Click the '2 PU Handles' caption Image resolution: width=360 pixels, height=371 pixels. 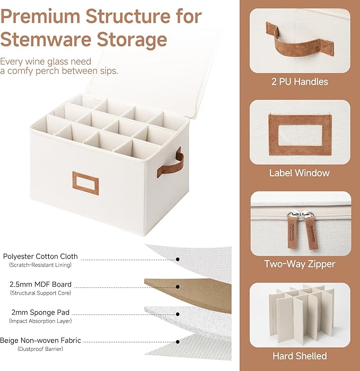click(299, 82)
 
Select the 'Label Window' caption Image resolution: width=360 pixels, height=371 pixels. click(299, 173)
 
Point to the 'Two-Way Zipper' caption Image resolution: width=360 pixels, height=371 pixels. click(300, 264)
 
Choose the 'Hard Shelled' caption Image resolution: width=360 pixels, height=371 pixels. click(300, 356)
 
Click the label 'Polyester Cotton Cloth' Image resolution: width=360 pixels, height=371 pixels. click(40, 256)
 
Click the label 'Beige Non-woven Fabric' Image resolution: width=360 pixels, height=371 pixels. click(40, 341)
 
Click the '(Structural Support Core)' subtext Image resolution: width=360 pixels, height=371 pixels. click(40, 293)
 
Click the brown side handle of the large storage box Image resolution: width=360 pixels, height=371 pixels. click(179, 162)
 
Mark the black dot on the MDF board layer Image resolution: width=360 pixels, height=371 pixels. click(178, 287)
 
